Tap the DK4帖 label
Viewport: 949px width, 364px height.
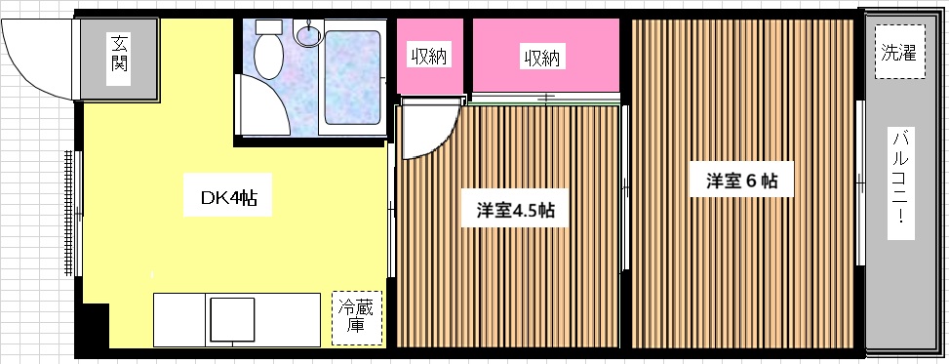click(x=228, y=197)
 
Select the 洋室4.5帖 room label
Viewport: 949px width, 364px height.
click(x=515, y=210)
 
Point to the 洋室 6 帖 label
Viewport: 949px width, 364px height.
click(x=742, y=181)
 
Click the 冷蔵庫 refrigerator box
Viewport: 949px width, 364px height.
click(x=358, y=318)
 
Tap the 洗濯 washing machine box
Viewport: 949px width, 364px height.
click(x=900, y=52)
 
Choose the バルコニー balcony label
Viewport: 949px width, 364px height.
click(x=900, y=182)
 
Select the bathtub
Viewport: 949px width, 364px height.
click(x=352, y=77)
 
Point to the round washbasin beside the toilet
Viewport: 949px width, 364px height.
click(x=307, y=33)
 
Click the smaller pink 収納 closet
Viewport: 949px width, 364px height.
click(x=430, y=57)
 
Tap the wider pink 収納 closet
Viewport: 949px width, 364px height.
click(x=545, y=57)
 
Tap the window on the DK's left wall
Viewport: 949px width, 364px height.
click(x=72, y=213)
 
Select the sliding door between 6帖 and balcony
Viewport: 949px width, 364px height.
click(x=859, y=182)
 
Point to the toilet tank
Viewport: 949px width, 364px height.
click(x=269, y=26)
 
